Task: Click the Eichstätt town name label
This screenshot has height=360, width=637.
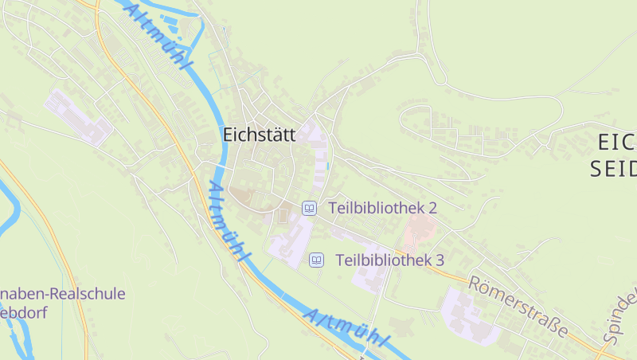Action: tap(259, 135)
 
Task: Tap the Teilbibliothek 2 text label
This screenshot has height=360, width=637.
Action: tap(382, 208)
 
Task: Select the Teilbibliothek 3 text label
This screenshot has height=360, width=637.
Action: tap(389, 260)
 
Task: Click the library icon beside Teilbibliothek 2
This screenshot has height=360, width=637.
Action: tap(309, 208)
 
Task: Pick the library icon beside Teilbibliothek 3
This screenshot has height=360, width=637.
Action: tap(316, 260)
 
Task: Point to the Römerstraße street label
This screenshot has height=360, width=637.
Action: tap(518, 307)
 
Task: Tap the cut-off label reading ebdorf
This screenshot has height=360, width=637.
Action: tap(24, 312)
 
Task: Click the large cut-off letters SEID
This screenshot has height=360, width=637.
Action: tap(615, 168)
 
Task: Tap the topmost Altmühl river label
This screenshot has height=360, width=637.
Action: tap(159, 36)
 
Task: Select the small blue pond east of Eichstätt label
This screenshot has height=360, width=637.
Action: tap(328, 166)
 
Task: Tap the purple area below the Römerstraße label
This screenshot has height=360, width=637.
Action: tap(470, 316)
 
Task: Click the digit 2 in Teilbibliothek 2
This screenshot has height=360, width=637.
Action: tap(432, 208)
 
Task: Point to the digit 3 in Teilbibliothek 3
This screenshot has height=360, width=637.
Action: tap(439, 260)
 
